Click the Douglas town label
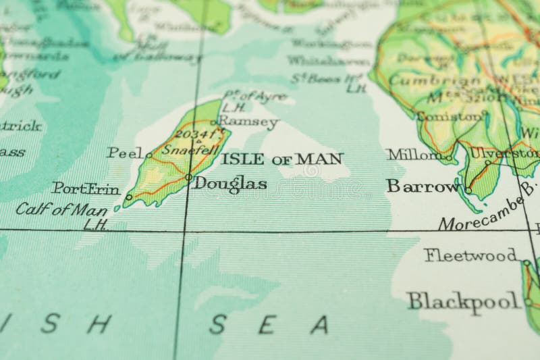pyautogui.click(x=230, y=184)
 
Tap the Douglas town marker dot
pyautogui.click(x=188, y=178)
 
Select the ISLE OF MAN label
pyautogui.click(x=282, y=159)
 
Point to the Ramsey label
pyautogui.click(x=248, y=122)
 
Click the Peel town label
pyautogui.click(x=125, y=153)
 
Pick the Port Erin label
pyautogui.click(x=86, y=188)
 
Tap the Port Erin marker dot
pyautogui.click(x=129, y=197)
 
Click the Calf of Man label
pyautogui.click(x=61, y=209)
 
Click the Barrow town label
pyautogui.click(x=423, y=186)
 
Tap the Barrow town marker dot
pyautogui.click(x=468, y=190)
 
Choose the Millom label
pyautogui.click(x=414, y=154)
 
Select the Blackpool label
pyautogui.click(x=464, y=301)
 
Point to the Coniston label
pyautogui.click(x=450, y=115)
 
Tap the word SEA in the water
pyautogui.click(x=268, y=325)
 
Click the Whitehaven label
pyautogui.click(x=329, y=61)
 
